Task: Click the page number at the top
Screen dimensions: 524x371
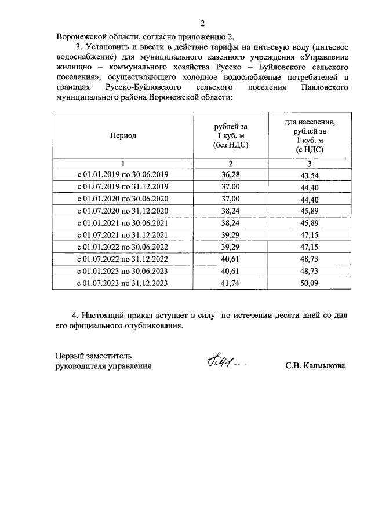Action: pyautogui.click(x=202, y=24)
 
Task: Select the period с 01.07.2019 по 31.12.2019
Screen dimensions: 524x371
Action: pyautogui.click(x=122, y=186)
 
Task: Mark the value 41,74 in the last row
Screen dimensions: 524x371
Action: pyautogui.click(x=230, y=283)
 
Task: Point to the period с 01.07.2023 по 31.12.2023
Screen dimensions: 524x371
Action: pyautogui.click(x=122, y=283)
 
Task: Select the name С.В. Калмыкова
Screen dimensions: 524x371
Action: pyautogui.click(x=315, y=366)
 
